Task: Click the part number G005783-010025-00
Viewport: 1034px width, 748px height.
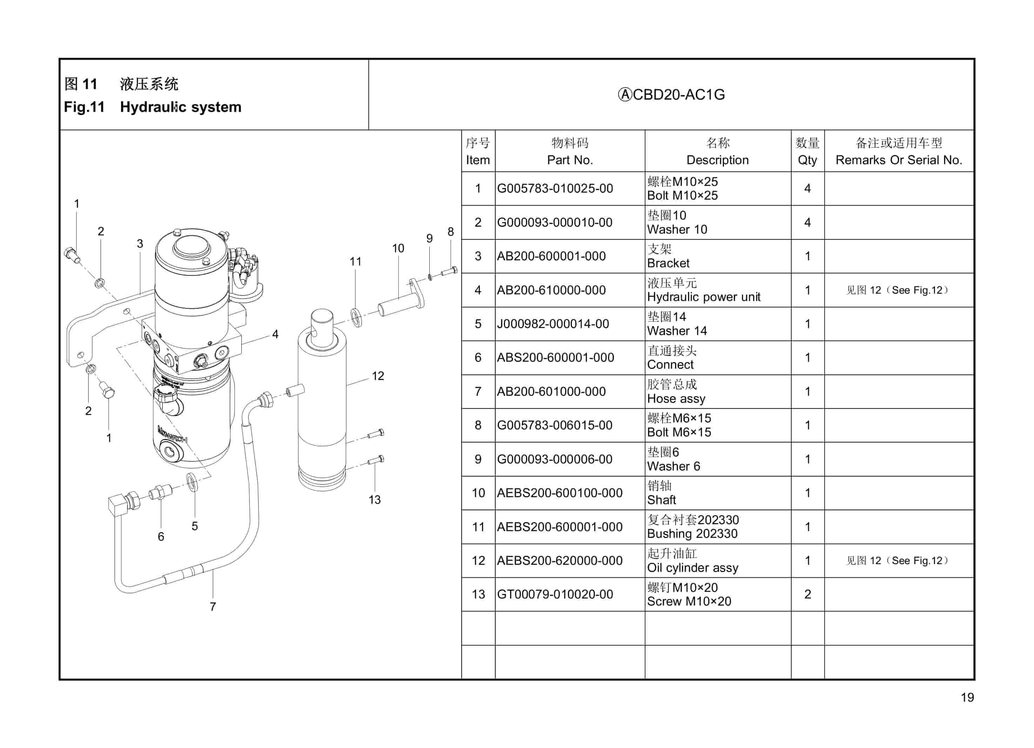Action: [555, 188]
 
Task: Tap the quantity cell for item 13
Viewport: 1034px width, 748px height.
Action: [807, 594]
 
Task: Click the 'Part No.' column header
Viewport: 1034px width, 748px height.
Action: [570, 160]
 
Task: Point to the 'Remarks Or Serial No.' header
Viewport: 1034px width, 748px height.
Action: [899, 160]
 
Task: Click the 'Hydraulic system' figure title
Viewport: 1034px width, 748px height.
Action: [181, 107]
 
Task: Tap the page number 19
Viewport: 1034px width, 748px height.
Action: [967, 697]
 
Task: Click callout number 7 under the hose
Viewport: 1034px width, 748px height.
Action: [213, 607]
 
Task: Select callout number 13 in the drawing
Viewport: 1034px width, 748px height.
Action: [375, 500]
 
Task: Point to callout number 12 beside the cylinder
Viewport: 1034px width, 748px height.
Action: [378, 376]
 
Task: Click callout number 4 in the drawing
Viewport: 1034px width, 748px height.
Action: [275, 334]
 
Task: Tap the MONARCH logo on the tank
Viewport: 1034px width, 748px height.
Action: [172, 434]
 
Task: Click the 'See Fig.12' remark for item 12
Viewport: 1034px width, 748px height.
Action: [897, 561]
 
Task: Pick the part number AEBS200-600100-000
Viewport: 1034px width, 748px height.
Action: [559, 493]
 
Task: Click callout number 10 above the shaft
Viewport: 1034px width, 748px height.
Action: [398, 248]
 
